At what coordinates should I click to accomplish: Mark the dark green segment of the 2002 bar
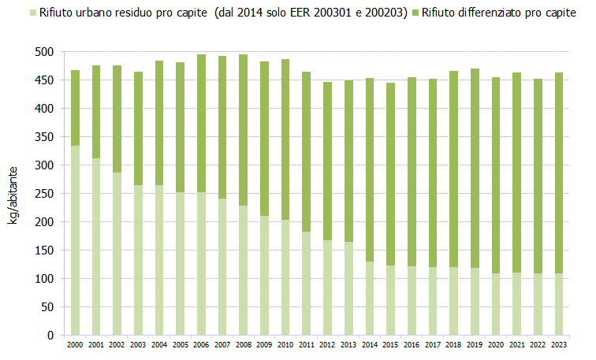[117, 119]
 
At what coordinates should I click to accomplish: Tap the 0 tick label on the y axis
[49, 336]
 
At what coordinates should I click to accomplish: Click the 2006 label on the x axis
[202, 345]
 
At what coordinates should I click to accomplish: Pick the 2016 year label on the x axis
[412, 345]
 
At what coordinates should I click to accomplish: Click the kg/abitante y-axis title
[13, 194]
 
